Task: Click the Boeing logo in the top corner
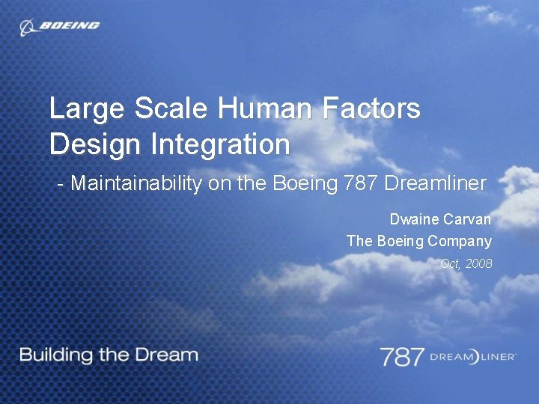click(x=60, y=26)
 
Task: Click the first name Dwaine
click(x=414, y=220)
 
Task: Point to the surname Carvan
click(x=467, y=220)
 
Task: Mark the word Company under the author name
click(x=460, y=242)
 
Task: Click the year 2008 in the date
click(x=478, y=263)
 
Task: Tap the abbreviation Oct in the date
click(x=450, y=263)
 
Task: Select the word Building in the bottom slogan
click(x=55, y=355)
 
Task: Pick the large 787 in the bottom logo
click(x=402, y=356)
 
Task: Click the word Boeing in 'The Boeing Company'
click(x=400, y=242)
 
